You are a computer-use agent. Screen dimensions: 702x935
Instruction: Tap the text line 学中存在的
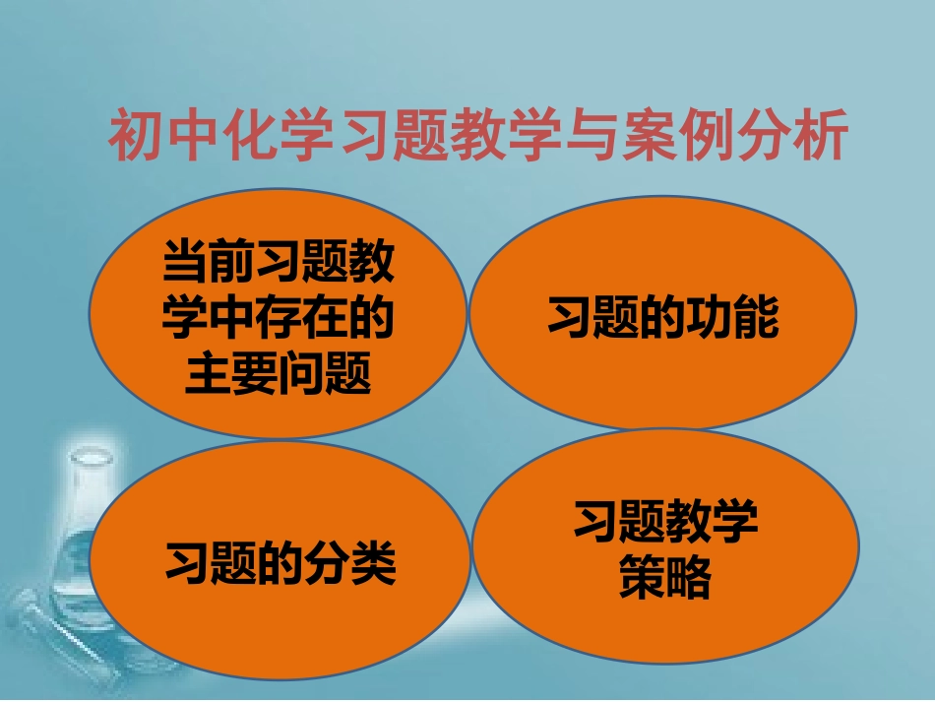click(278, 319)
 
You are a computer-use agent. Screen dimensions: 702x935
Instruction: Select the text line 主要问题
click(278, 374)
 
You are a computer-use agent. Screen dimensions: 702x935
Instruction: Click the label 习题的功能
click(662, 319)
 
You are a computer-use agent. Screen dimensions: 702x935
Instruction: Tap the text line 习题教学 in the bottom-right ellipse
click(666, 523)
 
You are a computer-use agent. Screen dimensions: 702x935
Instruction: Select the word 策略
click(664, 579)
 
